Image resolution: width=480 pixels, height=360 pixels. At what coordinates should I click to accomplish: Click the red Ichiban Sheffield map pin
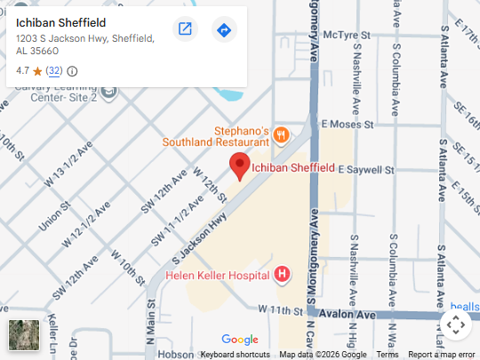(239, 165)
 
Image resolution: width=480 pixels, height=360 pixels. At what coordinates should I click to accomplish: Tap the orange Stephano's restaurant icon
(281, 135)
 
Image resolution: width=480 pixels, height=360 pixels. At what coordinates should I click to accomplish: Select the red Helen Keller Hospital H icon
(283, 275)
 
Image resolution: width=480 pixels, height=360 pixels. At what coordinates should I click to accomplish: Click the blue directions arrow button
(224, 29)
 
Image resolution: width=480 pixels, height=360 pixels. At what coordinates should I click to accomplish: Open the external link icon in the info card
(185, 29)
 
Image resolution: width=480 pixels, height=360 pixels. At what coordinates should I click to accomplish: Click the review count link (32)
(54, 71)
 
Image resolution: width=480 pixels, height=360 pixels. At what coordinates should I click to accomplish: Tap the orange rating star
(37, 71)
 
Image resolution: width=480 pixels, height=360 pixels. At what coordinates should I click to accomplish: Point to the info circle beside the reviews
(72, 71)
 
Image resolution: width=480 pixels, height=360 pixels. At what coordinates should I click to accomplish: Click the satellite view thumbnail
(24, 335)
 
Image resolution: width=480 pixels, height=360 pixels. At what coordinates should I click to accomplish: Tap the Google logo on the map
(240, 340)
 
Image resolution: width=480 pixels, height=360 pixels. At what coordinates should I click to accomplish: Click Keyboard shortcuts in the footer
(236, 355)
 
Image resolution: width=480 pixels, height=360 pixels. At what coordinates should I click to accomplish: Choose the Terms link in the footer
(388, 355)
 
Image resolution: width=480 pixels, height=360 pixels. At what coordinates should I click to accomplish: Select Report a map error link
(442, 355)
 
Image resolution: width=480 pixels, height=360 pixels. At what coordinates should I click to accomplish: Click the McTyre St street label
(347, 35)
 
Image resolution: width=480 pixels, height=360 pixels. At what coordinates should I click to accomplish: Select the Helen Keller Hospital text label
(218, 276)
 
